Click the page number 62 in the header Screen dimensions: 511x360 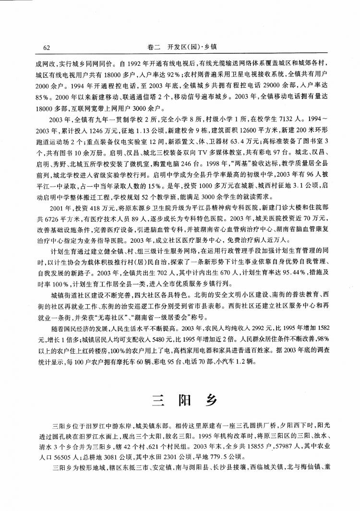coord(47,47)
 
